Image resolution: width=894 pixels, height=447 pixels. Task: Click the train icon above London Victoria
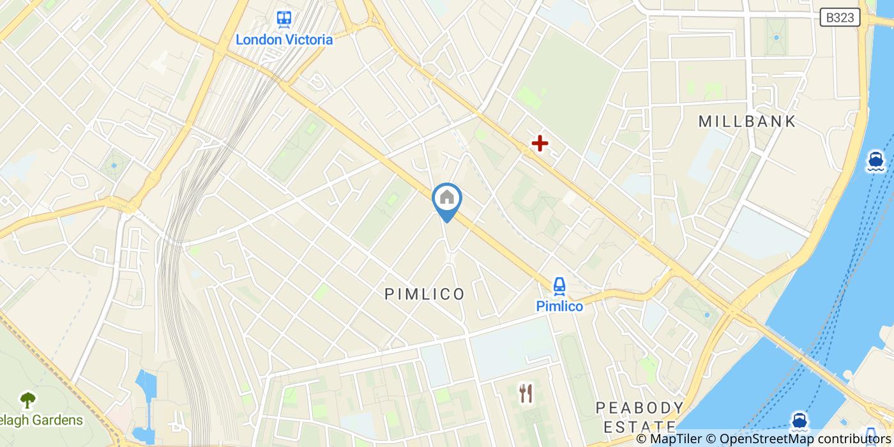coord(284,19)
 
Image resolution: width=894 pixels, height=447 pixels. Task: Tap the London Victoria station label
coord(284,40)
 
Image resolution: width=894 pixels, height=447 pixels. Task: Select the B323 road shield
coord(840,18)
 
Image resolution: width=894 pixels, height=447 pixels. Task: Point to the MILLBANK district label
coord(747,121)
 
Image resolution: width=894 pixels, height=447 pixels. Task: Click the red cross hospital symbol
coord(540,143)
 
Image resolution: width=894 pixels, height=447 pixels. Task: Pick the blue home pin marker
coord(447,199)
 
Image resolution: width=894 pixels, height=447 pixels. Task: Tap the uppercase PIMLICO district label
coord(425,294)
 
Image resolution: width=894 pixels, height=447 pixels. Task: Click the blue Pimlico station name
coord(559,307)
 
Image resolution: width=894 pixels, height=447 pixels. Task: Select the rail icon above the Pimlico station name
coord(559,285)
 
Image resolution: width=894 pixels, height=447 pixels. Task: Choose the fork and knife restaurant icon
coord(526,393)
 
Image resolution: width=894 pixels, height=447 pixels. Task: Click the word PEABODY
coord(639,407)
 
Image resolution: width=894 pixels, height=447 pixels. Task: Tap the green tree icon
coord(27,400)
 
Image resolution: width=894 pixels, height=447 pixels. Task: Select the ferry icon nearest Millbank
coord(875,161)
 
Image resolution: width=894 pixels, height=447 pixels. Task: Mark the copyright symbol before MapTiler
coord(642,439)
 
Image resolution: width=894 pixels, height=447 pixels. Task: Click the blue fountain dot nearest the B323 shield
coord(777,38)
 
